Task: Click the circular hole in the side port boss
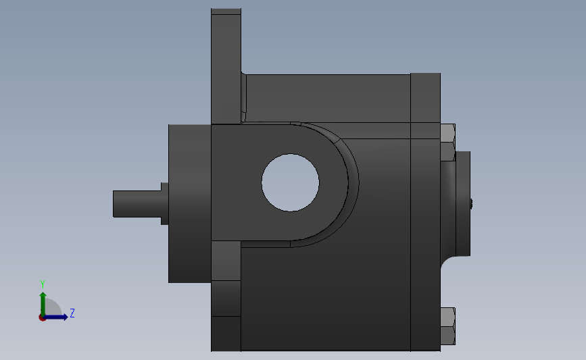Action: pyautogui.click(x=291, y=182)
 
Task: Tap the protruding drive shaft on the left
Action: pyautogui.click(x=137, y=203)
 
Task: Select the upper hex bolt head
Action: pyautogui.click(x=447, y=143)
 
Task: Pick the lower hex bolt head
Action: pyautogui.click(x=447, y=326)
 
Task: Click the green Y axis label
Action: pyautogui.click(x=43, y=284)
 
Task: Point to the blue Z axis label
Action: pyautogui.click(x=72, y=313)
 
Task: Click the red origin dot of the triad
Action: pyautogui.click(x=42, y=317)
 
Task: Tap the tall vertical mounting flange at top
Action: pyautogui.click(x=226, y=66)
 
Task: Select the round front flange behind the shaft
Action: pyautogui.click(x=190, y=203)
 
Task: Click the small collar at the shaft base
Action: pyautogui.click(x=165, y=203)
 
